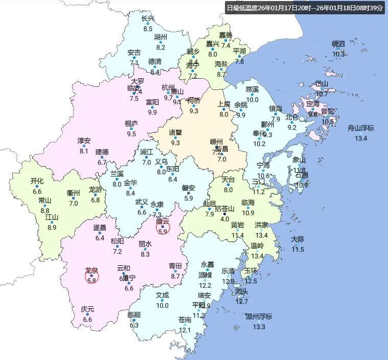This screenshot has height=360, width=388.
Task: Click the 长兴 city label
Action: [x=148, y=19]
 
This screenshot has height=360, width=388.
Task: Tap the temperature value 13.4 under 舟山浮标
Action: [x=361, y=138]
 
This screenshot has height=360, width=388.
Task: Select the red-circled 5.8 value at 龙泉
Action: [x=92, y=280]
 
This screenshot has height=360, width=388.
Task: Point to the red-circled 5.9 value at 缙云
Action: [x=163, y=231]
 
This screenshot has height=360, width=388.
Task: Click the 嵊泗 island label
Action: [x=338, y=44]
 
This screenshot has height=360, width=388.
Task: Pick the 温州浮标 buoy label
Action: [x=259, y=317]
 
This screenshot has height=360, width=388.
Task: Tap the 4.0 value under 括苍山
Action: [x=224, y=219]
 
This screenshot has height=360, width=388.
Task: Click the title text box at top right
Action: [x=305, y=8]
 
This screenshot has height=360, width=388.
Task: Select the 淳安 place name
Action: [x=84, y=141]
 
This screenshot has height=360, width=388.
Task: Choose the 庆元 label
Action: [x=87, y=309]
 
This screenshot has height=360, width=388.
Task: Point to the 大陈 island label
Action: [x=298, y=239]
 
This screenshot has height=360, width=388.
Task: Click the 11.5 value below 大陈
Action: [x=298, y=249]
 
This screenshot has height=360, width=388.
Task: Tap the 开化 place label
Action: [x=37, y=181]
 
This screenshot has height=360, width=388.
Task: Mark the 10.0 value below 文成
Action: [x=162, y=305]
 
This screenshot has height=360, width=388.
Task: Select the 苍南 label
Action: [x=185, y=320]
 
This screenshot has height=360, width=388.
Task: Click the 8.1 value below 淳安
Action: [x=84, y=151]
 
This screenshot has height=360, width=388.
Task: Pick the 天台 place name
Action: [x=228, y=180]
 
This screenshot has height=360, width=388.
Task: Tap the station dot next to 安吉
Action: [x=134, y=58]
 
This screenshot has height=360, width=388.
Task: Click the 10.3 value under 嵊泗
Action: [x=338, y=54]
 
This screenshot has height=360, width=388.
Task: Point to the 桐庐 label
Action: [x=131, y=124]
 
